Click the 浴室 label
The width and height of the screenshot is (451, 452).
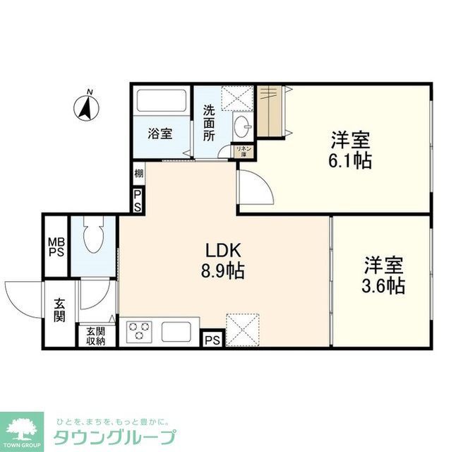160,133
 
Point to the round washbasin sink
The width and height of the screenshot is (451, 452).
242,128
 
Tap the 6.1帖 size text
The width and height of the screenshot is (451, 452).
350,160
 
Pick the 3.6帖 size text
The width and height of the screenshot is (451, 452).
384,286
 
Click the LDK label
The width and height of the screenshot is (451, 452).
224,250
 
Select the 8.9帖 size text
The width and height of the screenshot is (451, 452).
224,270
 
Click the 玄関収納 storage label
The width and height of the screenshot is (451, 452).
95,335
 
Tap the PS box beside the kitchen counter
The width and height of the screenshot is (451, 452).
211,340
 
